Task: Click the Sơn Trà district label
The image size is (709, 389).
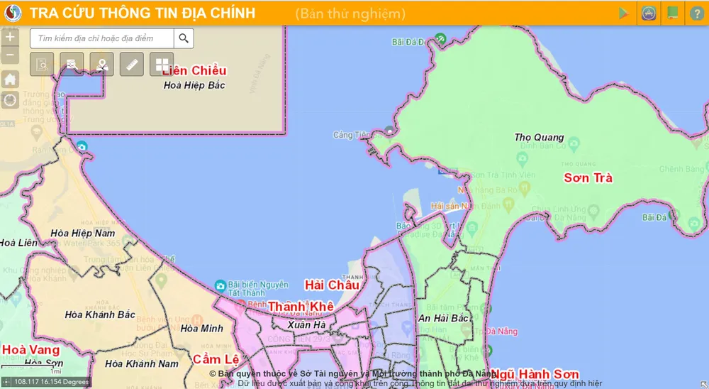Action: coord(588,178)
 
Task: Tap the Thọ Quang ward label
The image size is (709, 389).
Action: coord(539,137)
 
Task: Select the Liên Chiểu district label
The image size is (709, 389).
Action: coord(194,71)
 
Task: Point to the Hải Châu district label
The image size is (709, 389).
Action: coord(331,285)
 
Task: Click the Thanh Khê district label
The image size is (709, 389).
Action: coord(300,307)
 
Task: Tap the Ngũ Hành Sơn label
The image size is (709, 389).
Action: coord(534,374)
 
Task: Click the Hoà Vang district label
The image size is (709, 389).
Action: coord(30,349)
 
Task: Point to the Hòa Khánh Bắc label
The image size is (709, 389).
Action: coord(99,314)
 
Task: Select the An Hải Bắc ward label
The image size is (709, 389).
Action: coord(443,319)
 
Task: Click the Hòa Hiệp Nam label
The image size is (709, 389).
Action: coord(82,233)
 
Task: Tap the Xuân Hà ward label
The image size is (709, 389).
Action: coord(306,324)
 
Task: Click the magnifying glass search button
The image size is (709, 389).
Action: coord(184,38)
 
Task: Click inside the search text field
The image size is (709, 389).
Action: coord(103,38)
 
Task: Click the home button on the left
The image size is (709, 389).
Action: coord(10,80)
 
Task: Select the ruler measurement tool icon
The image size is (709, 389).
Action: coord(132,65)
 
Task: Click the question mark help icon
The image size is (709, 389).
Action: coord(696,13)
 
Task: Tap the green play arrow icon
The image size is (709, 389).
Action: coord(624,13)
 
